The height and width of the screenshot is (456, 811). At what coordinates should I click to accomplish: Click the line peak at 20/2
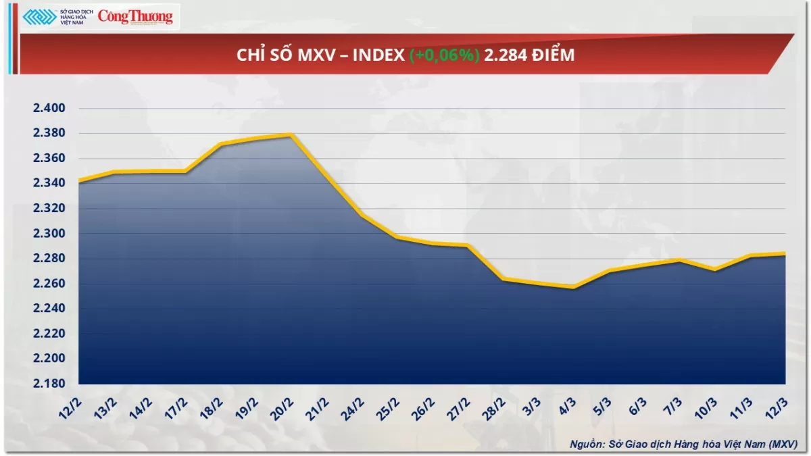(291, 134)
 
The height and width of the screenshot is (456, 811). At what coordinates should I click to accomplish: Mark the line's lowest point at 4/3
(573, 287)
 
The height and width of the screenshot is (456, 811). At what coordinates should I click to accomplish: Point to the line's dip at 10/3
(714, 270)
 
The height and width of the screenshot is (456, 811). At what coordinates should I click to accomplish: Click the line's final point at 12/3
(784, 254)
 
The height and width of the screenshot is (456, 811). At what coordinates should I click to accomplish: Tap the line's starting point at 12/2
(80, 180)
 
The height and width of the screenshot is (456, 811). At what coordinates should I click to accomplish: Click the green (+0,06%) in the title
(445, 55)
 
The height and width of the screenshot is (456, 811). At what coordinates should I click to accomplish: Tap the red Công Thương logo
(135, 17)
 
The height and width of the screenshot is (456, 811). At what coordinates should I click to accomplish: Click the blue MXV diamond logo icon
(39, 18)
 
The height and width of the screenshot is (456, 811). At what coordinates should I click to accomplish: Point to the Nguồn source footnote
(683, 443)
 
